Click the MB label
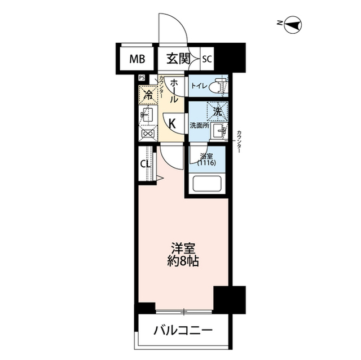coord(137,57)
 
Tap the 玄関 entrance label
coord(177,57)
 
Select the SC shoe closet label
coord(207,58)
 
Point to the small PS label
coord(142,79)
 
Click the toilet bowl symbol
coord(219,87)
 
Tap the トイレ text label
coord(198,87)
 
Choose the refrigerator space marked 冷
coord(148,95)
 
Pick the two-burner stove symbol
coord(148,134)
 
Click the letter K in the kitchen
coord(173,123)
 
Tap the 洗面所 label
coord(199,125)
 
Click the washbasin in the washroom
coord(221,132)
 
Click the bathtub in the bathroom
coord(206,185)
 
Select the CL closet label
coord(144,165)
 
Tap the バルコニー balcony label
coord(183,331)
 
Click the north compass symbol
coord(294,24)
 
